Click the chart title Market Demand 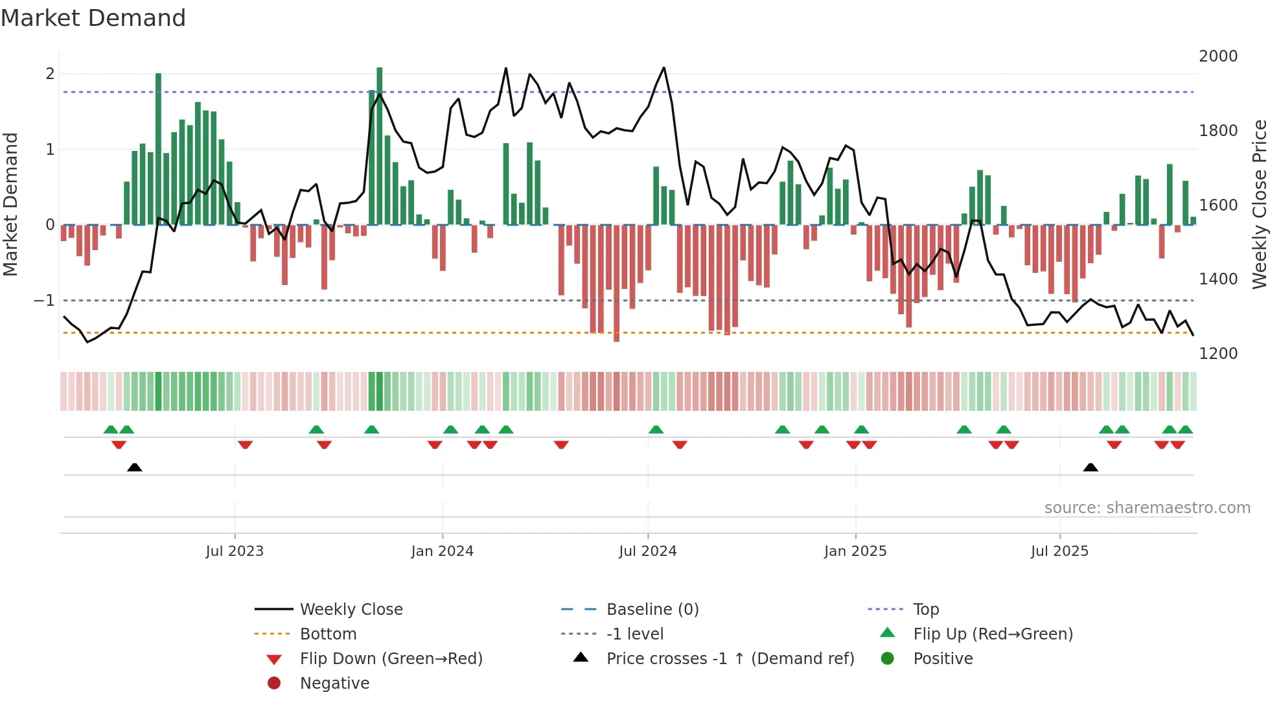click(93, 18)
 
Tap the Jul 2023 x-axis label click(235, 551)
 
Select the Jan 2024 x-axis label click(442, 551)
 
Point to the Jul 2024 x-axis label click(647, 551)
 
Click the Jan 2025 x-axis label click(855, 551)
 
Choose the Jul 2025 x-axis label click(1059, 551)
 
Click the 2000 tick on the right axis click(1218, 56)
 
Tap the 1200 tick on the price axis click(1218, 354)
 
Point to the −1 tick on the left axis click(44, 301)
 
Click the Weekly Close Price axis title click(1259, 204)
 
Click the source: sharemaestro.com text click(1147, 508)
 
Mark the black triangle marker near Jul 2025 click(1091, 467)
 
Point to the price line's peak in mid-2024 click(664, 68)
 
